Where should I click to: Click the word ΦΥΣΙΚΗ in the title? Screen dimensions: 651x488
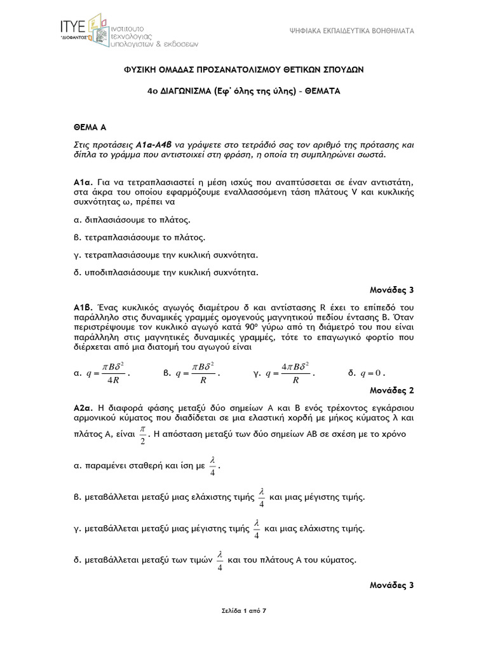coord(140,69)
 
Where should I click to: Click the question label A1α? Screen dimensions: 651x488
coord(83,183)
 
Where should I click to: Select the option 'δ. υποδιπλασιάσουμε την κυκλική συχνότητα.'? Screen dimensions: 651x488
coord(165,273)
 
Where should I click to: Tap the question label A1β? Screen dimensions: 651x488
coord(83,307)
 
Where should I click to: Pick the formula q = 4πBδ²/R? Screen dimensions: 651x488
coord(291,374)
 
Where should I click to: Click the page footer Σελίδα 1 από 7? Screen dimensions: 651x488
coord(243,611)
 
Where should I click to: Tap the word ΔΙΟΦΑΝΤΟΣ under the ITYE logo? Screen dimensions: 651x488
coord(72,37)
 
